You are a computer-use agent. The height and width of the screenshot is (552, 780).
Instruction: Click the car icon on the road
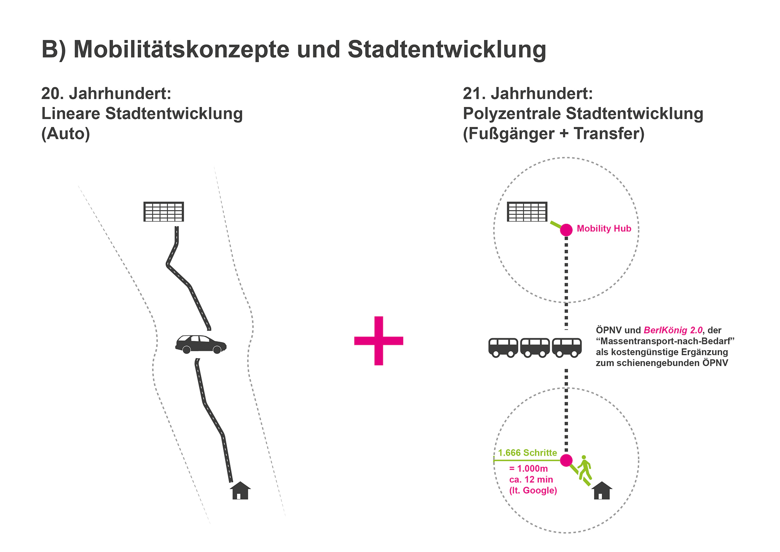(201, 344)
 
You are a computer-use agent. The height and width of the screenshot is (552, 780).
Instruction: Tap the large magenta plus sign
(378, 340)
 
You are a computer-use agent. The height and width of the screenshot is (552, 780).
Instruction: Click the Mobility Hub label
(604, 229)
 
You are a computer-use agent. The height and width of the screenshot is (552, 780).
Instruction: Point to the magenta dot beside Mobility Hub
(566, 230)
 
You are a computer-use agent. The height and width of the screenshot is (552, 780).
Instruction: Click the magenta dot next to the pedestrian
(566, 460)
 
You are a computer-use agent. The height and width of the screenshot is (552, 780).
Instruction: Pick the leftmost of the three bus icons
(503, 347)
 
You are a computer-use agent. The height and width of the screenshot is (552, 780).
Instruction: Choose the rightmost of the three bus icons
(567, 347)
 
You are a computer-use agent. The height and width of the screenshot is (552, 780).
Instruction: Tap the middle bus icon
(535, 347)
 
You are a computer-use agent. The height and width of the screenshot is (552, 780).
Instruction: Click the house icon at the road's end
(240, 491)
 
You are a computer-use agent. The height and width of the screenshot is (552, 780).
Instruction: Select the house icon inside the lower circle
(602, 491)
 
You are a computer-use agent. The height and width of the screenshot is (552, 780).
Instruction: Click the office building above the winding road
(164, 212)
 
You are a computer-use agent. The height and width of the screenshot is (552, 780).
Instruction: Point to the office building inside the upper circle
(527, 212)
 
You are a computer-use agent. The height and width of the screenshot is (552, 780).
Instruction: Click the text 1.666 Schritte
(527, 453)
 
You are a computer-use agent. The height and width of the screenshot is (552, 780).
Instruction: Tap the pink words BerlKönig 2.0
(673, 330)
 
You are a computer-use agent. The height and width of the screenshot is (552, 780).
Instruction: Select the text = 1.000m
(528, 468)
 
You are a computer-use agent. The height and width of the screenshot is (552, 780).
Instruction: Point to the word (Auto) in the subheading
(66, 134)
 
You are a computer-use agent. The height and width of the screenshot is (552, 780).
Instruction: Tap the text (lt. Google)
(533, 490)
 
